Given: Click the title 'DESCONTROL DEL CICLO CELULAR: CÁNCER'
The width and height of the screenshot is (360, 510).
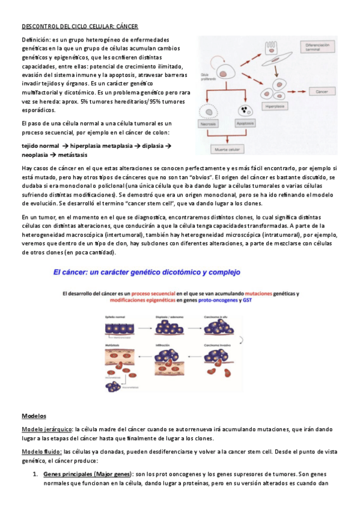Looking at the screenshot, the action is [x=80, y=26].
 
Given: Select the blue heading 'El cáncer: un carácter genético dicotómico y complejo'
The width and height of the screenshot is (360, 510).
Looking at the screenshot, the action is [x=146, y=272].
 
